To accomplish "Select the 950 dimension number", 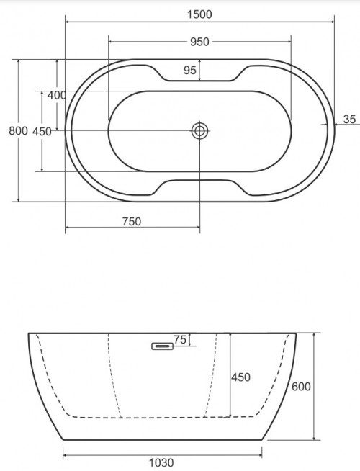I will point(199,42).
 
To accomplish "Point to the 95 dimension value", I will point(190,70).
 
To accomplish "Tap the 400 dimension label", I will point(57,95).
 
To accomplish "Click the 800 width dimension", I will point(17,130).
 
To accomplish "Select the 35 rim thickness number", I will point(350,119).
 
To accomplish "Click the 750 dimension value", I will point(131,222).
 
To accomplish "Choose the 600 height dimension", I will point(301,387).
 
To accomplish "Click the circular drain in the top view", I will point(199,130).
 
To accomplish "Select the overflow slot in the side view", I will point(163,346).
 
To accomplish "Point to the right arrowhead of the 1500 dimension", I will point(333,22).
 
